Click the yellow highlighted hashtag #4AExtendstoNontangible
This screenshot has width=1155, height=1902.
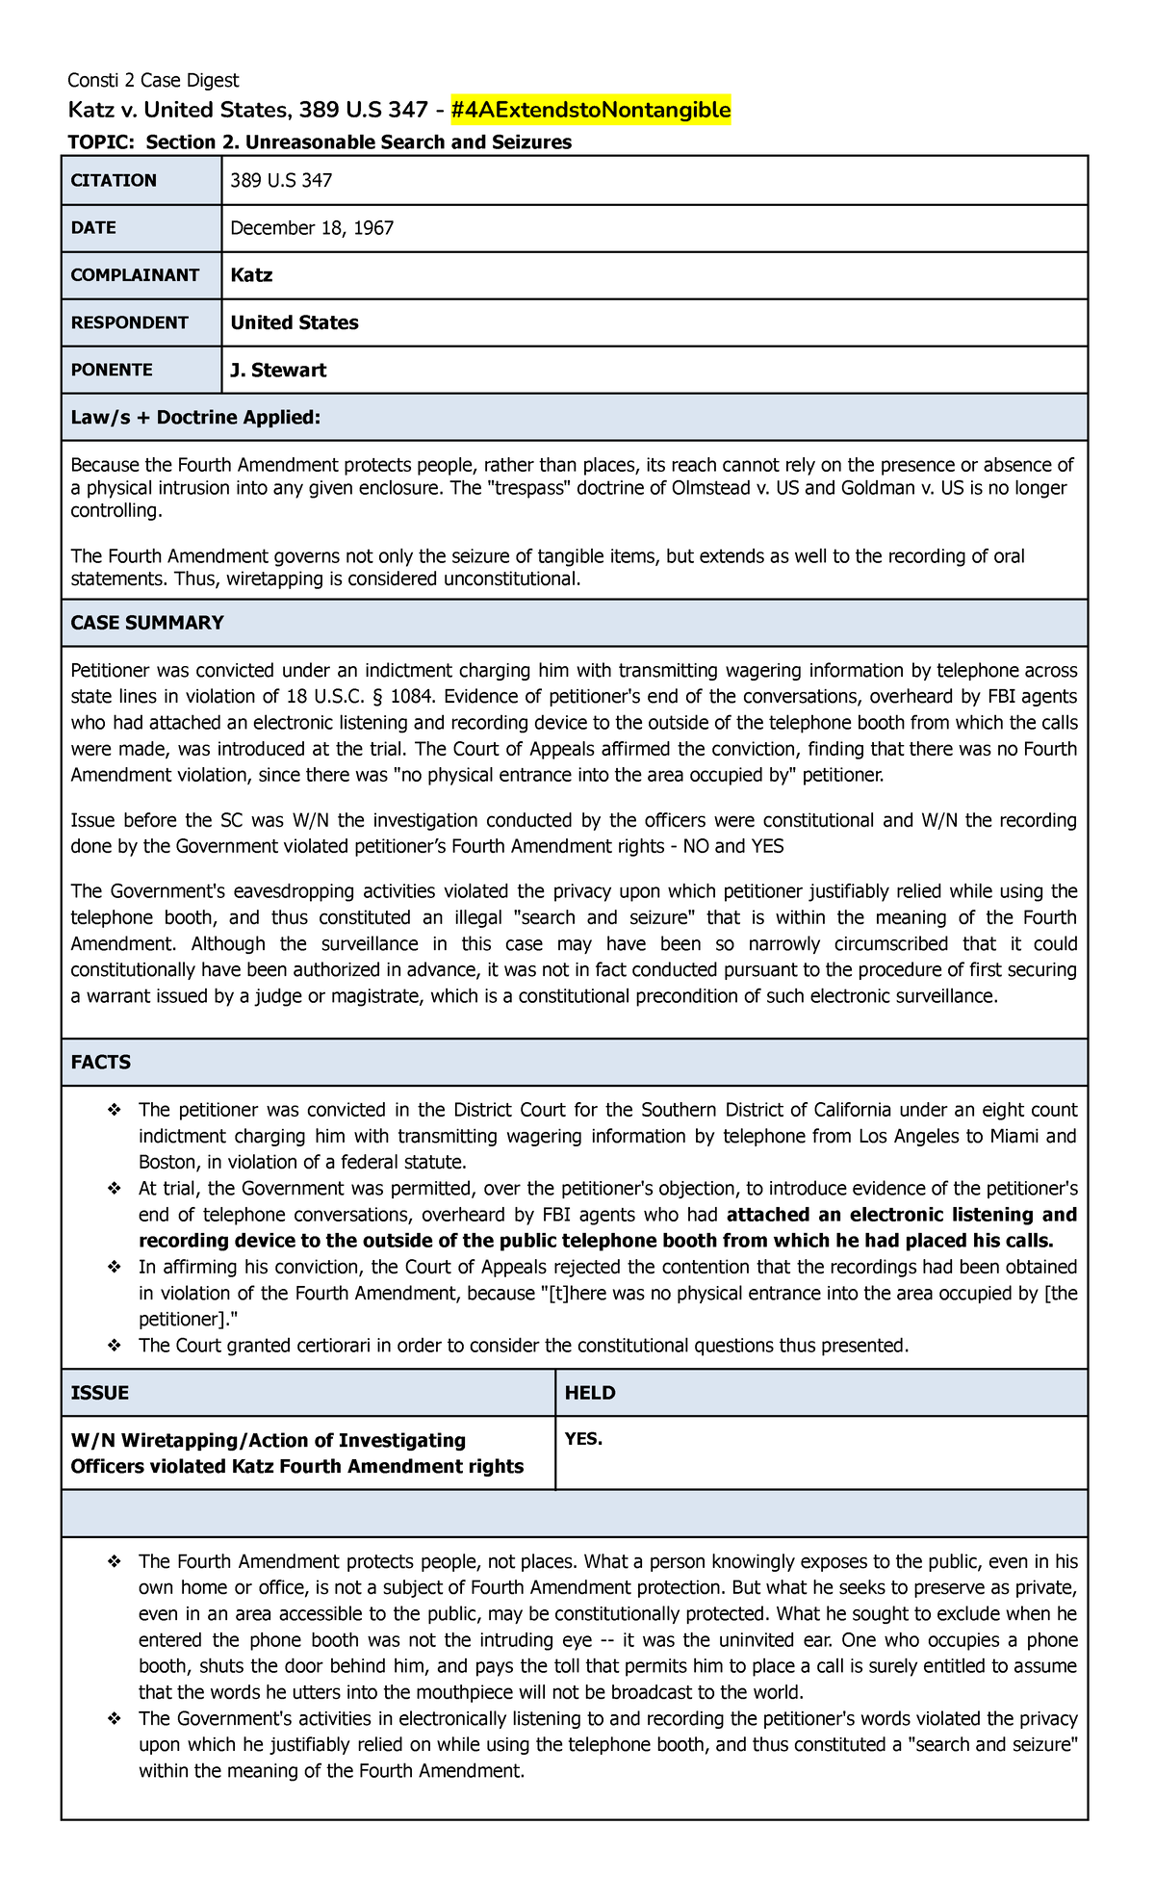[591, 111]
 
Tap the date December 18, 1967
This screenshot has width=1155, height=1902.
[312, 228]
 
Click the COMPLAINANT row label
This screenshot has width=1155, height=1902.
[135, 275]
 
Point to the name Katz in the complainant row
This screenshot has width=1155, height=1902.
[251, 275]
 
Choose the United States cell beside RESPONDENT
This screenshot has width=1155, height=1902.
[295, 322]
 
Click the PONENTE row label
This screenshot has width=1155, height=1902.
[112, 370]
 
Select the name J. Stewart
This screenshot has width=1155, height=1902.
[278, 370]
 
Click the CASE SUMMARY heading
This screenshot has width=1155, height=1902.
[147, 623]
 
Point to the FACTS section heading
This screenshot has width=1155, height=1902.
[101, 1063]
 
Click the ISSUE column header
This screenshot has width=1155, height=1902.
[100, 1393]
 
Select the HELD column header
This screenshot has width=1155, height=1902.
[590, 1393]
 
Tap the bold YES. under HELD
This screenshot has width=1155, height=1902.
[583, 1439]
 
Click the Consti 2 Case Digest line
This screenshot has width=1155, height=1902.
[153, 80]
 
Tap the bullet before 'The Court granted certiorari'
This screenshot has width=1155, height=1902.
[115, 1346]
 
